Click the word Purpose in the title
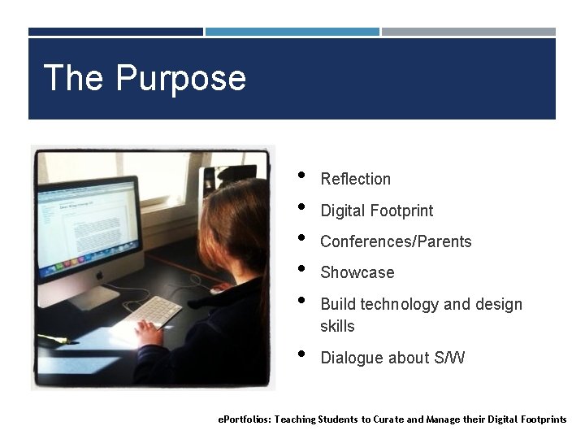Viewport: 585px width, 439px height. tap(180, 79)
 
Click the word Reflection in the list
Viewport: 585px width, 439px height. tap(355, 179)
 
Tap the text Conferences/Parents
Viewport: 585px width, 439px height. tap(396, 241)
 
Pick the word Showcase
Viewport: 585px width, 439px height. tap(357, 272)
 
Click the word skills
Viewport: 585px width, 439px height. tap(337, 326)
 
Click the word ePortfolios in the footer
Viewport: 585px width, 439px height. tap(244, 419)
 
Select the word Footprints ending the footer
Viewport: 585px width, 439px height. tap(539, 419)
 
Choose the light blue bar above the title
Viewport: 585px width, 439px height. tap(292, 32)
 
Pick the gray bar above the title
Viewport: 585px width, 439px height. tap(469, 32)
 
